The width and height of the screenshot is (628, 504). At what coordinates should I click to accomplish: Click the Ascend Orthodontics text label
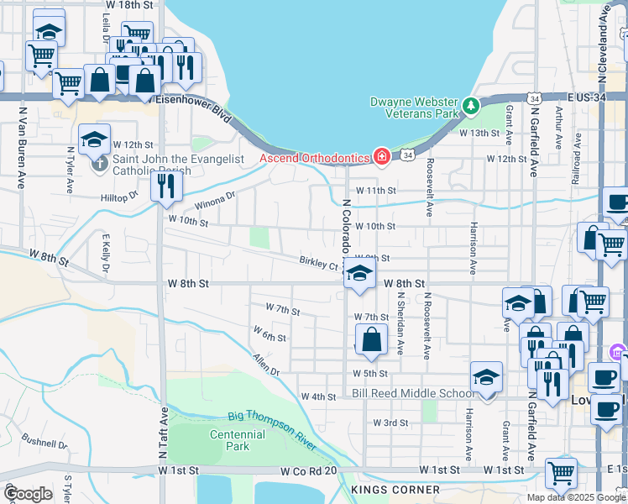pyautogui.click(x=315, y=157)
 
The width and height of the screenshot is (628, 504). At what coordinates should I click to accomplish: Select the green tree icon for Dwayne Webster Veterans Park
pyautogui.click(x=471, y=106)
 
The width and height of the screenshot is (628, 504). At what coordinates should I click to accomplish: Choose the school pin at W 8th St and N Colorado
pyautogui.click(x=359, y=275)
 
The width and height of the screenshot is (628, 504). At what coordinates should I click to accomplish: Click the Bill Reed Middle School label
pyautogui.click(x=412, y=393)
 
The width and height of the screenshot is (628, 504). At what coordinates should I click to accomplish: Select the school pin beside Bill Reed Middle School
pyautogui.click(x=486, y=377)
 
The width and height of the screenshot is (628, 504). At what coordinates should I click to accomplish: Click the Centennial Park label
pyautogui.click(x=238, y=440)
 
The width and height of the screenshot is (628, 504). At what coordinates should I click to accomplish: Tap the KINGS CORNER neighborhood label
pyautogui.click(x=395, y=490)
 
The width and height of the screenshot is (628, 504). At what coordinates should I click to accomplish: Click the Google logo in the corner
pyautogui.click(x=29, y=494)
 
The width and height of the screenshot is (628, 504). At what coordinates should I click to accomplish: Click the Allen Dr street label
pyautogui.click(x=264, y=364)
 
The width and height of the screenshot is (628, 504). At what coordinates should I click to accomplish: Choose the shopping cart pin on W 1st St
pyautogui.click(x=560, y=472)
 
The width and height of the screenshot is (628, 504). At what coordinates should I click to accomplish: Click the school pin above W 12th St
pyautogui.click(x=95, y=139)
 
